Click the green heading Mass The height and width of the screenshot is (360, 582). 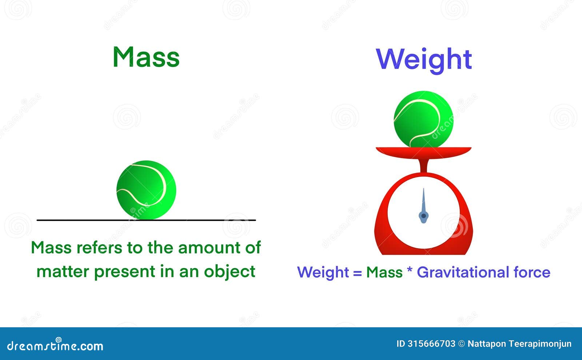tap(146, 57)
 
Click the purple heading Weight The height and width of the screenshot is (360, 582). tap(424, 60)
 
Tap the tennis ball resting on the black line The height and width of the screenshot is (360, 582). tap(146, 190)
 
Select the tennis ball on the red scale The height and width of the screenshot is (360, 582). tap(423, 119)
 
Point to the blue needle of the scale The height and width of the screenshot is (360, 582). tap(423, 207)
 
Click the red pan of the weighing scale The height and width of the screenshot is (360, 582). tap(423, 153)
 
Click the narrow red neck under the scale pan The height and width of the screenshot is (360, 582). tap(423, 166)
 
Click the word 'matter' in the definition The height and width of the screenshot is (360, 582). tap(63, 272)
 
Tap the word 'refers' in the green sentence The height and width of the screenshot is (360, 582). tap(99, 247)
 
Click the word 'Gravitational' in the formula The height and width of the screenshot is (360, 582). tap(463, 272)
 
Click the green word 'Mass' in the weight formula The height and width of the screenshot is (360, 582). tap(384, 272)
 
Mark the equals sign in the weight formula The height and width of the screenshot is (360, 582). tap(358, 273)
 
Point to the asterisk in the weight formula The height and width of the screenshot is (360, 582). tap(410, 269)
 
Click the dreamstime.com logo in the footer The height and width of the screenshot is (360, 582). tap(55, 345)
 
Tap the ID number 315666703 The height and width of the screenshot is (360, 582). tap(431, 344)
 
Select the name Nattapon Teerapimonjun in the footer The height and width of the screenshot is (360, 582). tap(520, 344)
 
